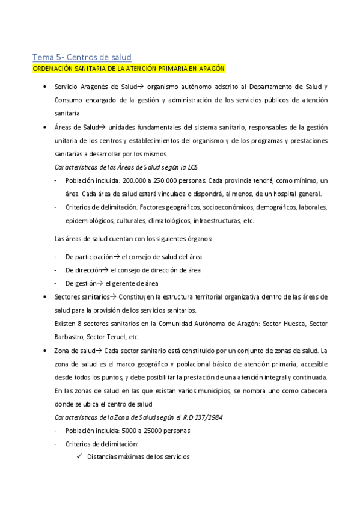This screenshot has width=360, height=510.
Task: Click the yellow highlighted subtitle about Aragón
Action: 128,69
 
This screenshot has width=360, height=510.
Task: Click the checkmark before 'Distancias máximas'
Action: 80,456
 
